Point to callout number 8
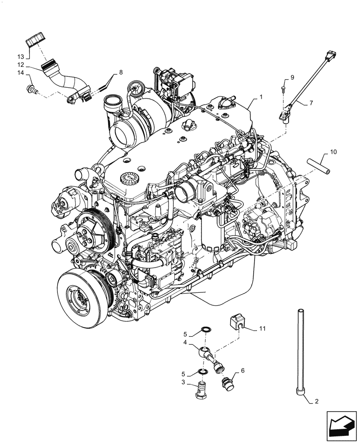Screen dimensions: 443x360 point(120,72)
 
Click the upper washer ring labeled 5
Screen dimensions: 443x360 point(206,330)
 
